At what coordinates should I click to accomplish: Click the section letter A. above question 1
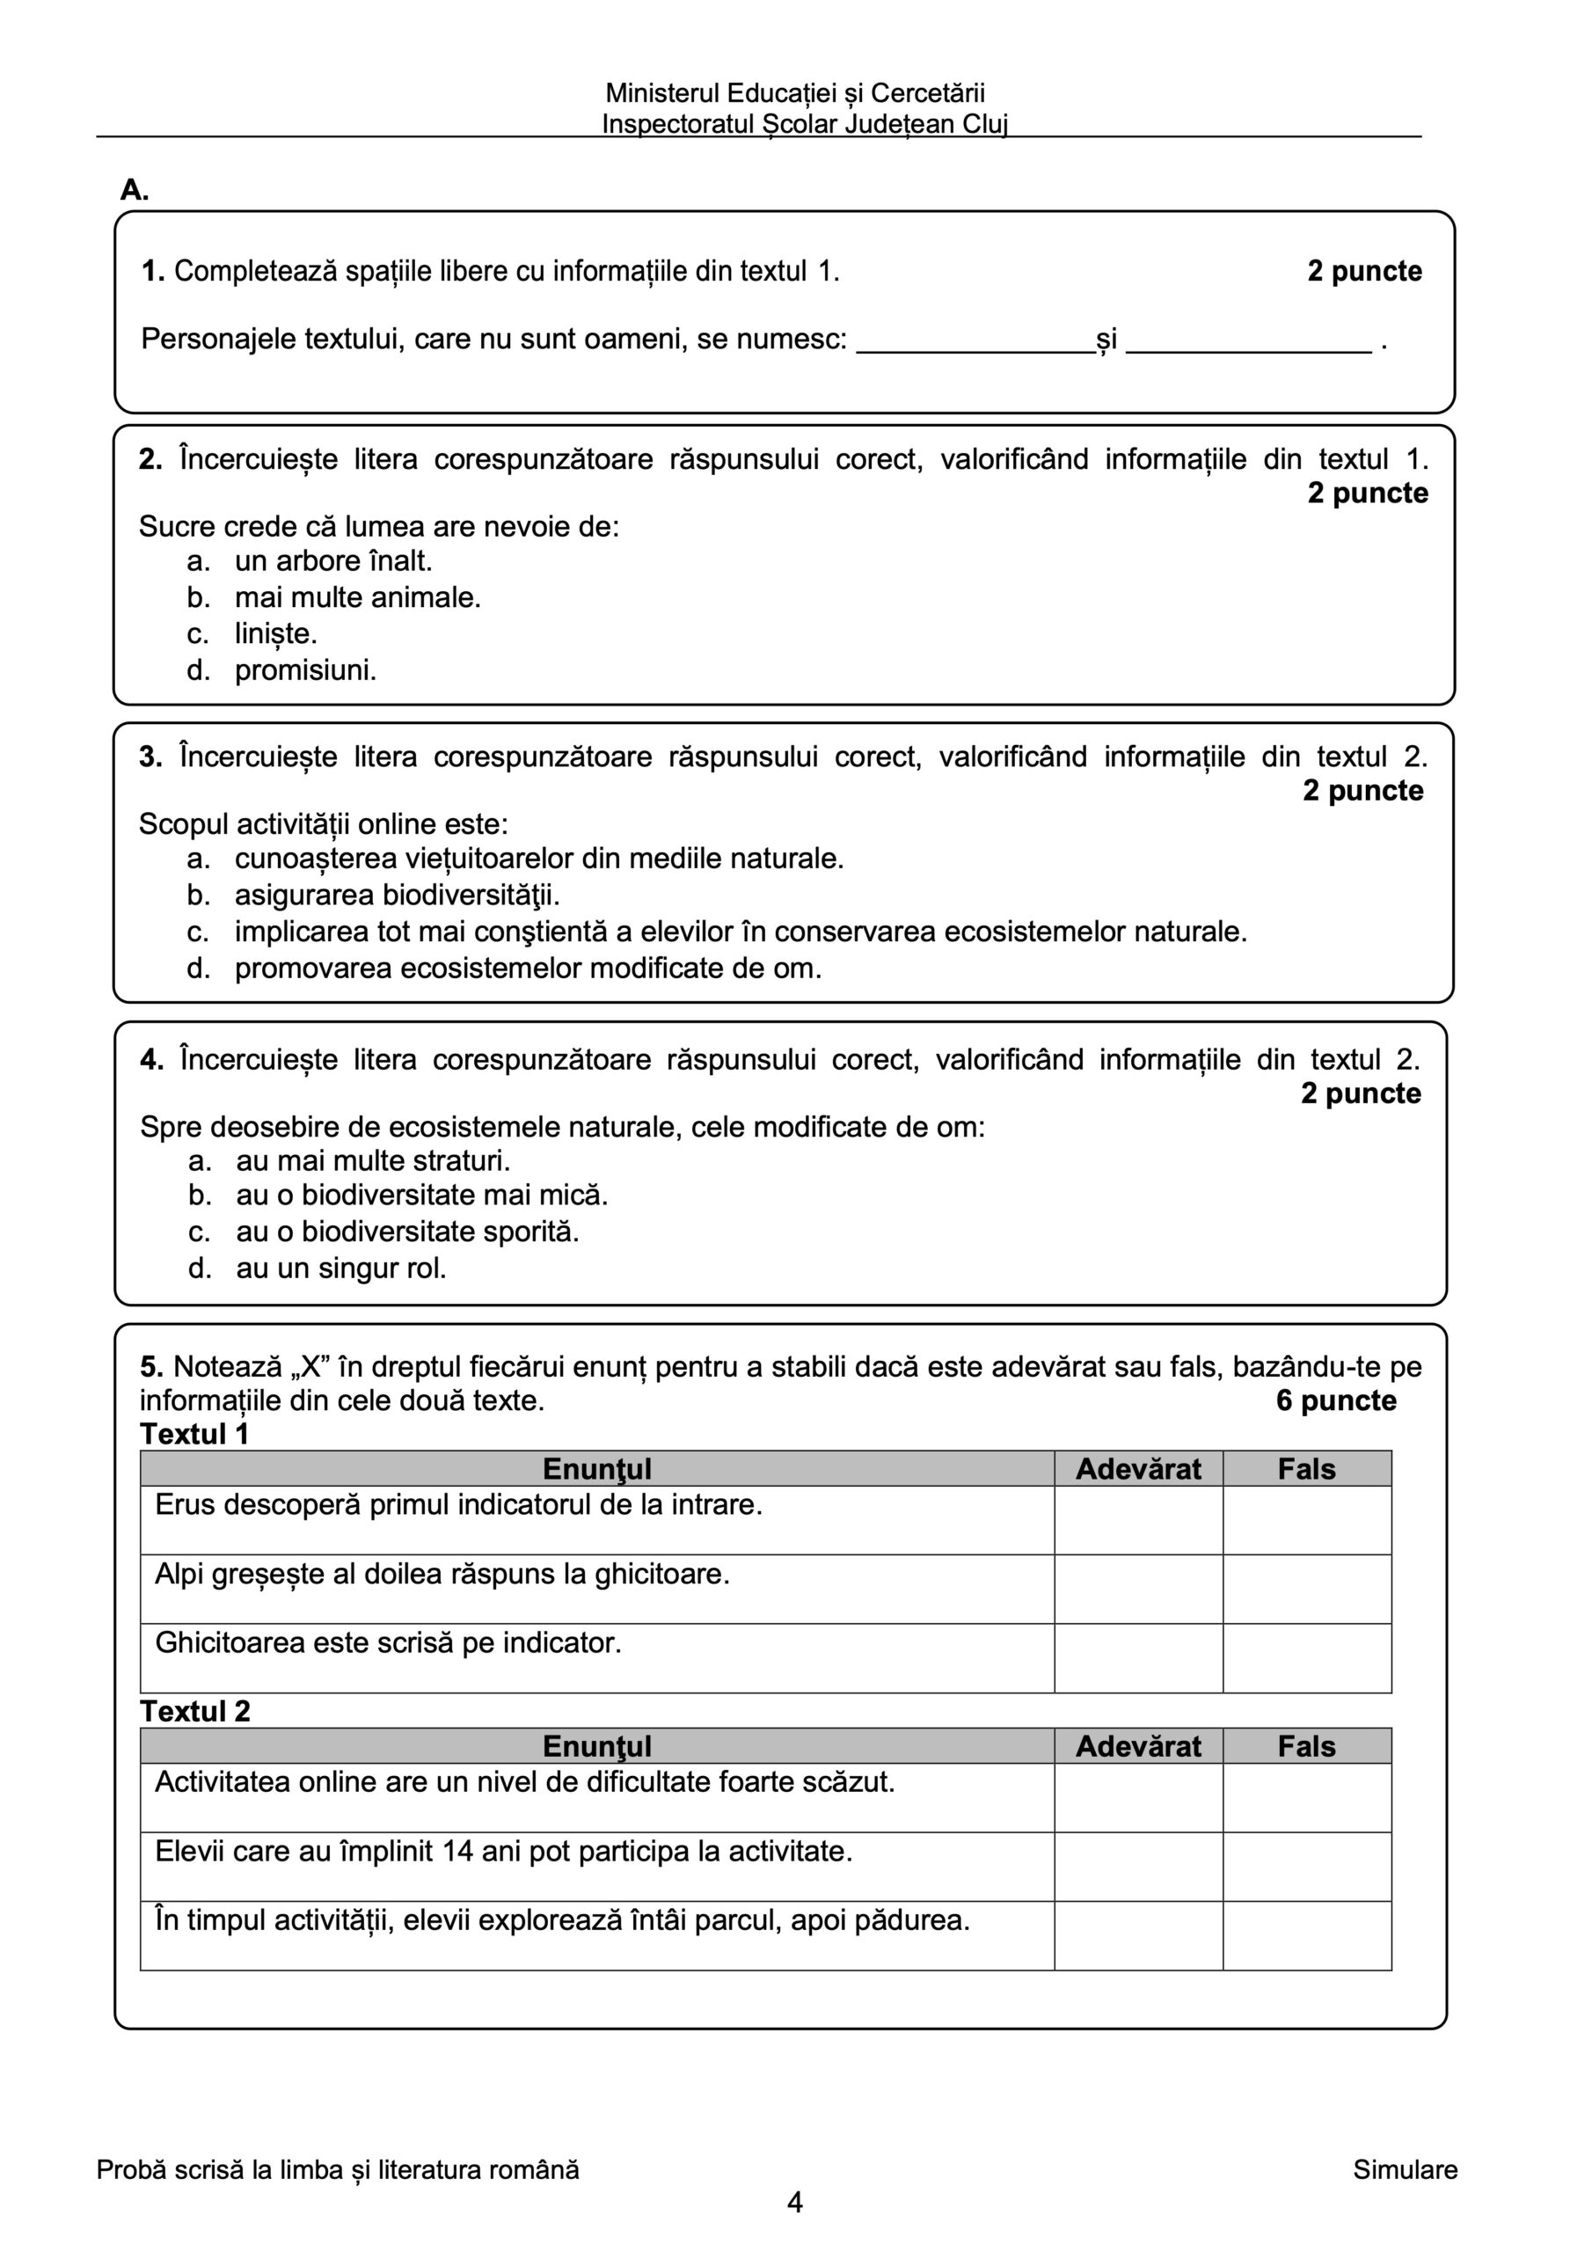(x=135, y=190)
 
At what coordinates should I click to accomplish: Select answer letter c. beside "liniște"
(x=198, y=634)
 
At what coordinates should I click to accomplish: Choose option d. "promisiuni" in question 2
(x=198, y=671)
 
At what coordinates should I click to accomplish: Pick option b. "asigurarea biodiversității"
(x=198, y=896)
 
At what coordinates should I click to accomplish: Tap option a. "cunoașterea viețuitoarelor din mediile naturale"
(x=198, y=859)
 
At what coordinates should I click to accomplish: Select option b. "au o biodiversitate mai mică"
(x=201, y=1195)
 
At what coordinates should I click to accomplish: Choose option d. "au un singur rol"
(x=201, y=1269)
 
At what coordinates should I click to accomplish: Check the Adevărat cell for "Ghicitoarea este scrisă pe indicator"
(x=1138, y=1657)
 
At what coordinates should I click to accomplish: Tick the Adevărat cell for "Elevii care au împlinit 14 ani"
(x=1138, y=1867)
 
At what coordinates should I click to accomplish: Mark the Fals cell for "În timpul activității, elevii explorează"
(x=1306, y=1935)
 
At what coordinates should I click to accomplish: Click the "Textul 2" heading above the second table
(x=195, y=1712)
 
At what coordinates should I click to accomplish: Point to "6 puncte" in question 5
(x=1336, y=1400)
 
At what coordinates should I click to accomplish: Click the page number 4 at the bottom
(x=795, y=2203)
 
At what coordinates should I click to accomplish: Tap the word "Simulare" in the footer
(x=1405, y=2169)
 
